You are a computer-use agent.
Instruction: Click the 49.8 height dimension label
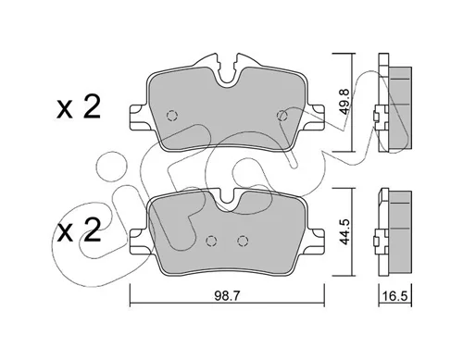click(x=344, y=102)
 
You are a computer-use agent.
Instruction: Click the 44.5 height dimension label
click(x=344, y=231)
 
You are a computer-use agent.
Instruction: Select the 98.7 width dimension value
click(x=227, y=296)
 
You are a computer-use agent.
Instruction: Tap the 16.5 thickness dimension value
click(x=395, y=296)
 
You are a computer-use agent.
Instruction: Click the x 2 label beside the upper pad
click(x=79, y=107)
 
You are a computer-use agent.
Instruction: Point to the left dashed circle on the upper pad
click(x=172, y=116)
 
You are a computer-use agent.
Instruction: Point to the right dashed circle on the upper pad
click(x=282, y=116)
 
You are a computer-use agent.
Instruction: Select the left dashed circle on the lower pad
click(x=212, y=241)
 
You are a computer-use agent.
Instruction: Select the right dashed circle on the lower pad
click(x=243, y=241)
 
